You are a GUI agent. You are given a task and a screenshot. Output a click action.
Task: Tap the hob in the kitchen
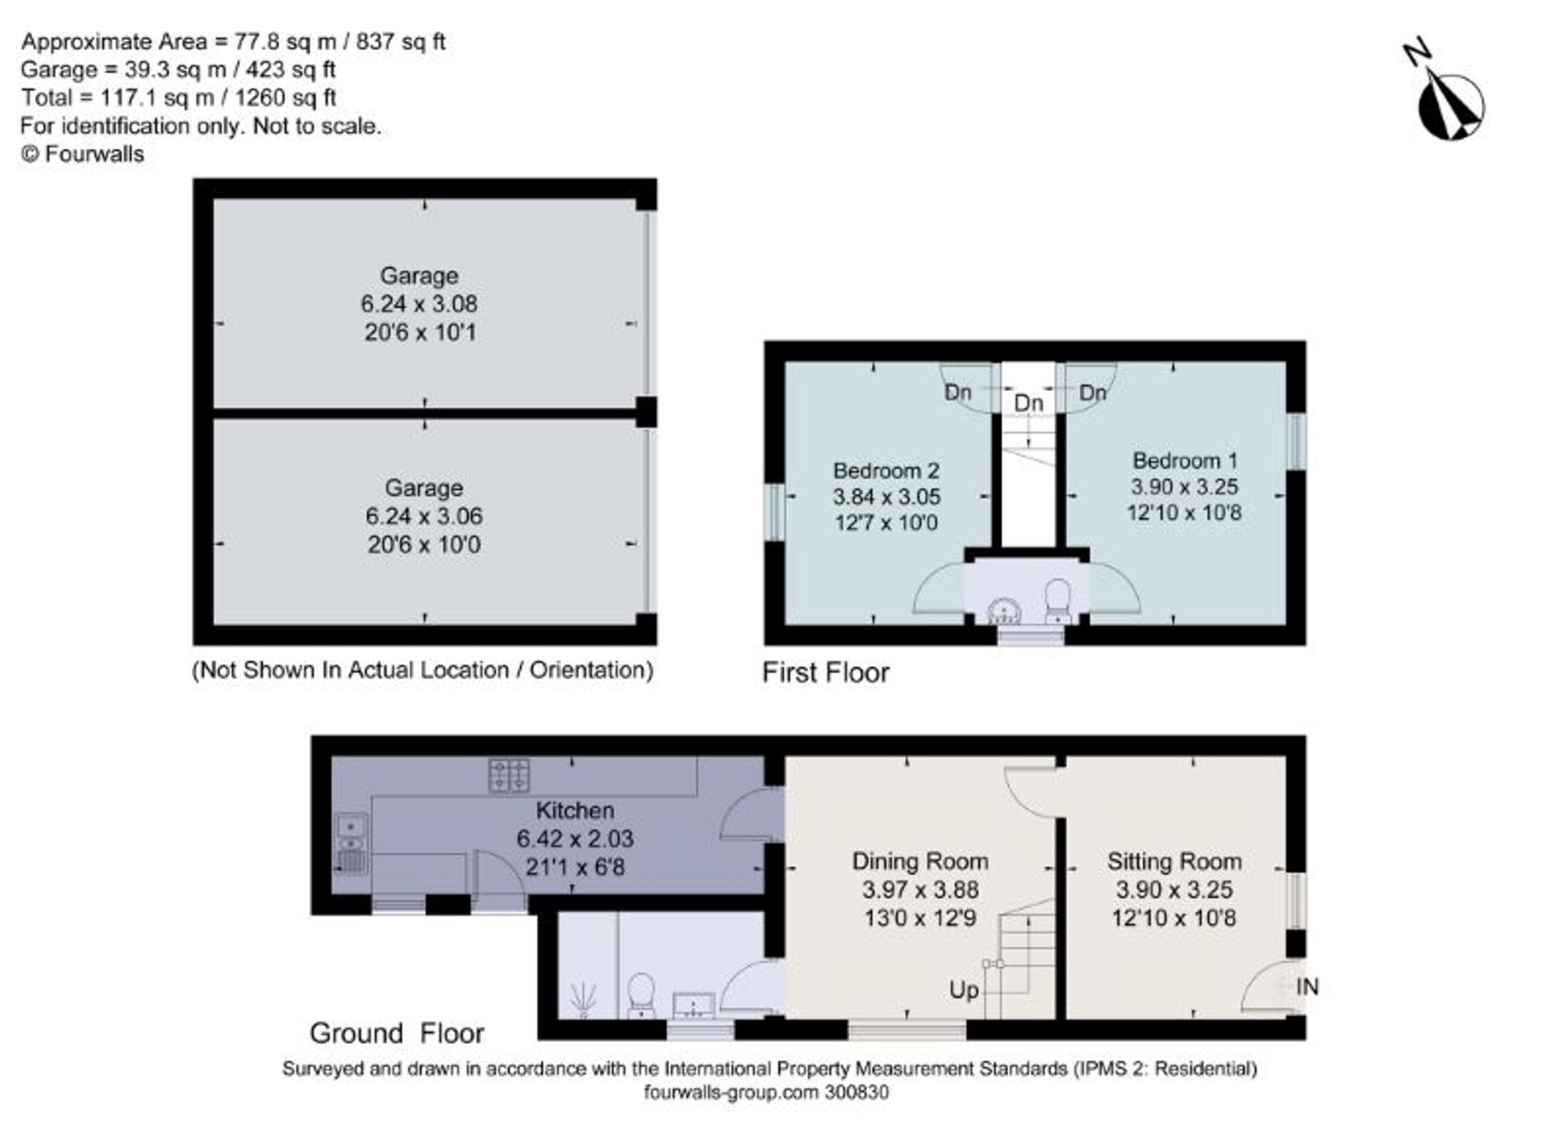tap(509, 774)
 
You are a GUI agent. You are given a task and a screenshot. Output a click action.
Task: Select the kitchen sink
tap(352, 844)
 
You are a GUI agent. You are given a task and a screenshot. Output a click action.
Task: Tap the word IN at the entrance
tap(1307, 987)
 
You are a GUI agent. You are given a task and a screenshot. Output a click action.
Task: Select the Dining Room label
tap(920, 862)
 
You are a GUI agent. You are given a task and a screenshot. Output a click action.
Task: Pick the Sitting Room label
tap(1174, 862)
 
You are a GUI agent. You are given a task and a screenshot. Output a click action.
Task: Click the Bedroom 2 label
tap(886, 471)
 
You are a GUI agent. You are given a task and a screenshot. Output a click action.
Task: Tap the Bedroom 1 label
tap(1185, 460)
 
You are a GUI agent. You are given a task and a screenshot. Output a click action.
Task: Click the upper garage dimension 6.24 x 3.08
tap(419, 304)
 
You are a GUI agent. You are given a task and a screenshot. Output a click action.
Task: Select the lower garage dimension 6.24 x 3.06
tap(424, 516)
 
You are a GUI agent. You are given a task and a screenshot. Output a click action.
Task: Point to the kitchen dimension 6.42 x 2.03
tap(575, 839)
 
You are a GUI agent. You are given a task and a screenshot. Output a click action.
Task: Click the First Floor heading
tap(826, 673)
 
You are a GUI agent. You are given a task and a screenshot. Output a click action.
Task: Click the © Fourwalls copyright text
tap(82, 154)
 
